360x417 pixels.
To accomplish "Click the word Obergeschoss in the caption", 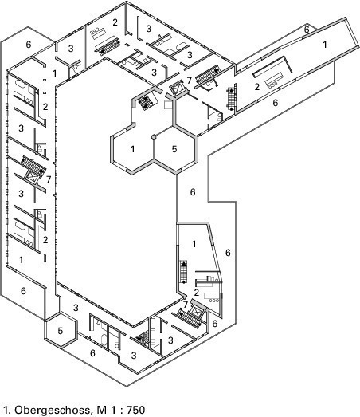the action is (53, 410).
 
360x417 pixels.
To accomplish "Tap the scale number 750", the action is (135, 410).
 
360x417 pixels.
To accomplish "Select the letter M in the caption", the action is (102, 410).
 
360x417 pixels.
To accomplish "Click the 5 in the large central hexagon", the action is (174, 149).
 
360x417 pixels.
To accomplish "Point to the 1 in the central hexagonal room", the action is (132, 149).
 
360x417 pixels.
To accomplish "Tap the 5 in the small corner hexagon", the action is (61, 331).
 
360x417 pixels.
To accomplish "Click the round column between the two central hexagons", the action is (154, 136).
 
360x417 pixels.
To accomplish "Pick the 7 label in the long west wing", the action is (48, 179).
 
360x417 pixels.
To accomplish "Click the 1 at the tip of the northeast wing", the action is (325, 45).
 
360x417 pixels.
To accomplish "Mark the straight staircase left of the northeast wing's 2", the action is (231, 99).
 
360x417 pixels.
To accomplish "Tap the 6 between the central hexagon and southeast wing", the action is (193, 192).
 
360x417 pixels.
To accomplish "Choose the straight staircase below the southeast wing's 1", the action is (184, 272).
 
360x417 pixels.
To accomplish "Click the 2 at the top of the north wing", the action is (115, 22).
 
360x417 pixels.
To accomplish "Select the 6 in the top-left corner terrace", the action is (29, 45).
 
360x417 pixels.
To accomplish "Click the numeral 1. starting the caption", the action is (6, 410).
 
